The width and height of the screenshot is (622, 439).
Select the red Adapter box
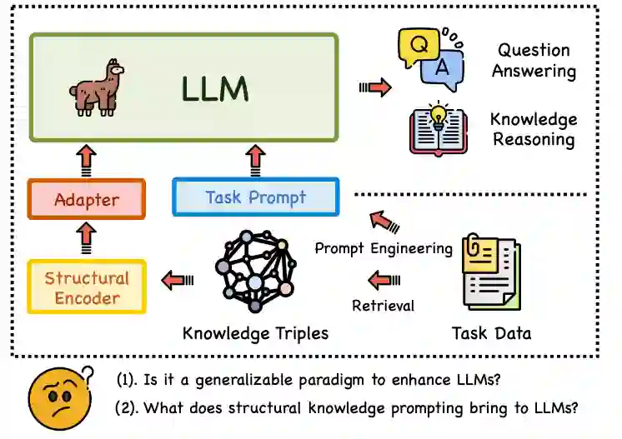[x=86, y=199]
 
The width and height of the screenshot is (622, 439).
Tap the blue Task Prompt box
[x=256, y=197]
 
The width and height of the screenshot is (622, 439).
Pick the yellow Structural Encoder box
[x=87, y=287]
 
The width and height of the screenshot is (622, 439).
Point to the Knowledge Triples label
[x=255, y=334]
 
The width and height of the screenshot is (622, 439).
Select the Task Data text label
[x=491, y=334]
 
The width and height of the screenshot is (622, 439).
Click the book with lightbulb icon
[x=438, y=129]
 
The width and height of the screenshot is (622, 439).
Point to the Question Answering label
[x=534, y=60]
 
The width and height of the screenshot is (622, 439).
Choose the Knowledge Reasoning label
[x=534, y=128]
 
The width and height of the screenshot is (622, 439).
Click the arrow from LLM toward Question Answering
[x=375, y=87]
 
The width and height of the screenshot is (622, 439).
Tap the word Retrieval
[x=383, y=306]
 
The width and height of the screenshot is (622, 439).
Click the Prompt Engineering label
[x=384, y=248]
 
